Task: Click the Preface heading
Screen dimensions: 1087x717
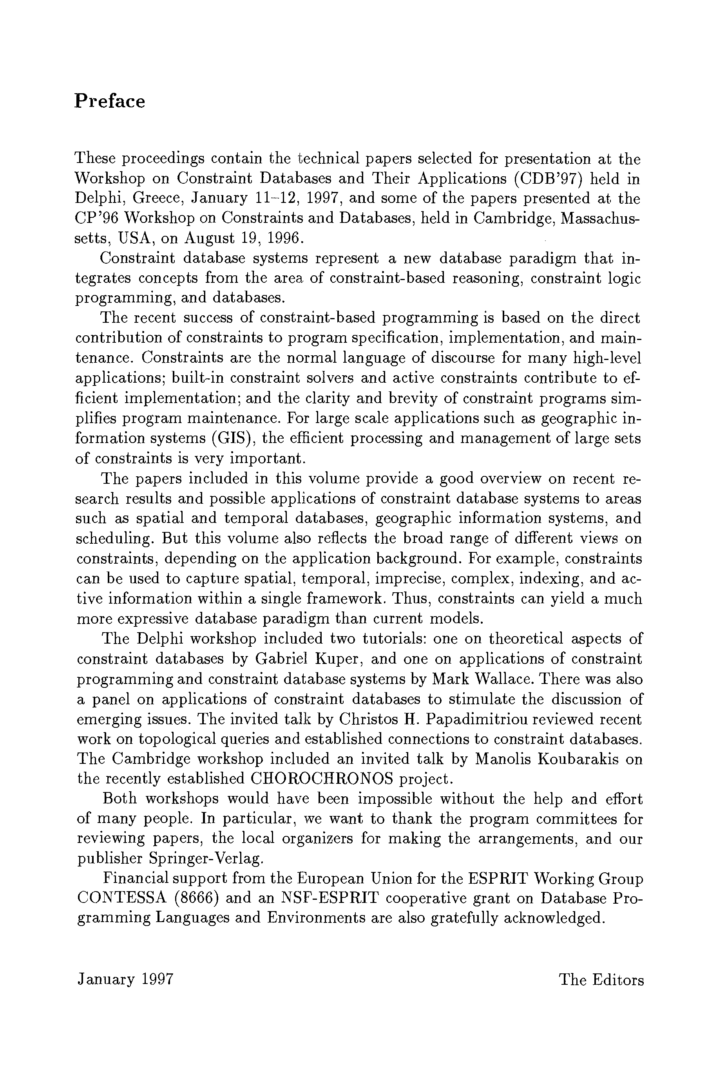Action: tap(110, 101)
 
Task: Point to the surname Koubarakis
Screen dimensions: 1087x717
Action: tap(578, 759)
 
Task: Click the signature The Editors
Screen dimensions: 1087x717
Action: tap(602, 980)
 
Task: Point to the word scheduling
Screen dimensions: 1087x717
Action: tap(116, 539)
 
